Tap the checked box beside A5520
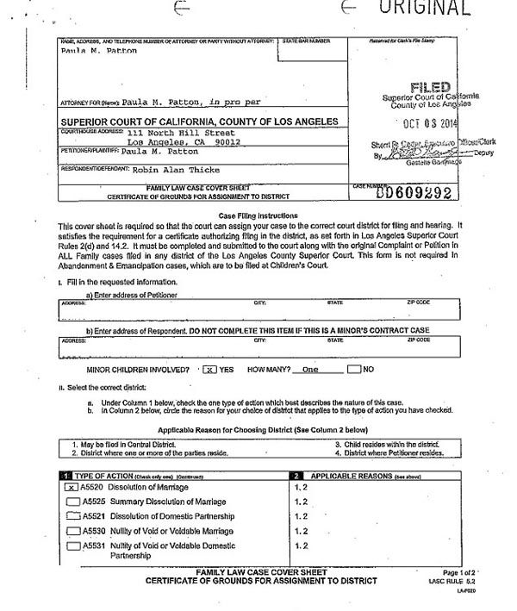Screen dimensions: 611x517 click(72, 487)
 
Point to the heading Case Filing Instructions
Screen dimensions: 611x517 click(258, 215)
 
